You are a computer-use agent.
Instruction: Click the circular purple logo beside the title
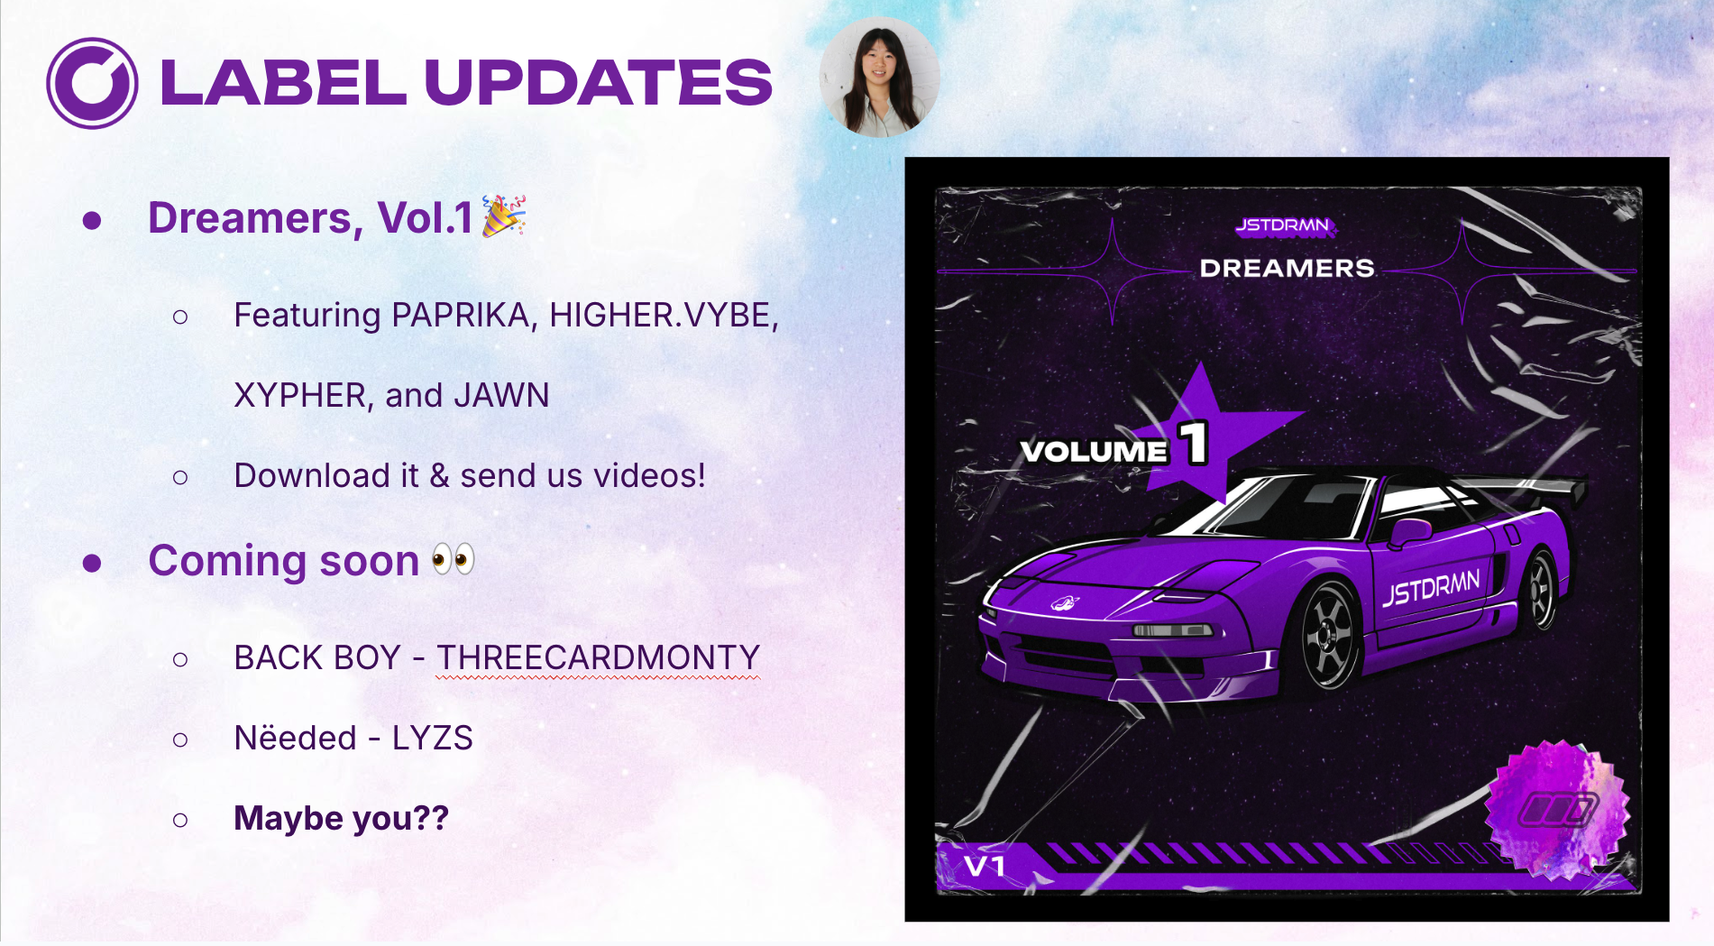[92, 83]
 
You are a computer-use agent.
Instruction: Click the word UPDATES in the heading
[598, 82]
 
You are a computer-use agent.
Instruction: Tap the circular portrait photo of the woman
[879, 78]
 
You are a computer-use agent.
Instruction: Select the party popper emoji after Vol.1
[504, 216]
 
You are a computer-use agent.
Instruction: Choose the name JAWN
[501, 395]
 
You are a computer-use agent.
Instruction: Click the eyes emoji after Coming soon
[453, 559]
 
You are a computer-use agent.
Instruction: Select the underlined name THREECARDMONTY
[599, 657]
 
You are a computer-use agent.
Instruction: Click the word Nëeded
[296, 738]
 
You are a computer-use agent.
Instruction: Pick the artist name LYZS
[432, 738]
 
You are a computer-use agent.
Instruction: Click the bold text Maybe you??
[341, 818]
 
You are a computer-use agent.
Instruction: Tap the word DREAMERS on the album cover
[1287, 268]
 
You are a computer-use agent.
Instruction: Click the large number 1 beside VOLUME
[1195, 443]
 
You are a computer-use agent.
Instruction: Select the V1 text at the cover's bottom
[985, 867]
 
